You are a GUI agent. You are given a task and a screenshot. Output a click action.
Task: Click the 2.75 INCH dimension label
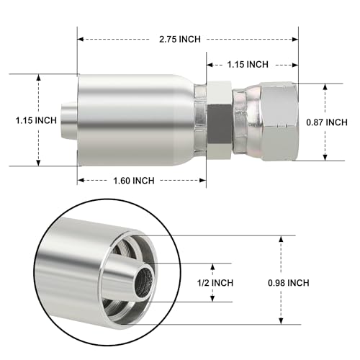point(180,38)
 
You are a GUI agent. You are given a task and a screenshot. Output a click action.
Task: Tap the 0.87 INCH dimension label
point(327,122)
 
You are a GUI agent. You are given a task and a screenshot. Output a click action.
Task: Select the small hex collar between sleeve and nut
point(218,120)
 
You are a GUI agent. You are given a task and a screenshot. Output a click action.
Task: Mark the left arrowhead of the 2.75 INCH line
point(81,38)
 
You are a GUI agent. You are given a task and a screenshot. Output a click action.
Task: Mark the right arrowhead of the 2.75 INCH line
point(296,38)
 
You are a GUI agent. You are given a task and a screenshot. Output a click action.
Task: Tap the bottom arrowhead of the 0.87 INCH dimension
point(325,157)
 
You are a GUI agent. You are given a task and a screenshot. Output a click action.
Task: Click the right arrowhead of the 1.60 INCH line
point(204,181)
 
